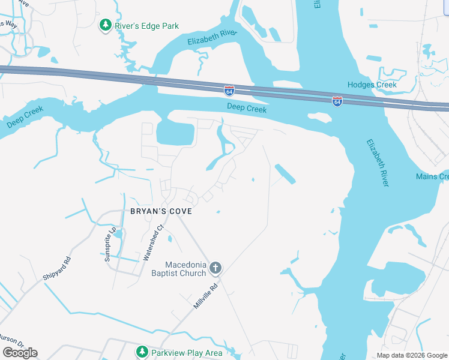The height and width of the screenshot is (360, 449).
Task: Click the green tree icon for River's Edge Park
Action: coord(106,25)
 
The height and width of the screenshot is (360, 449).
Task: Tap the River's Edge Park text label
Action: coord(147,26)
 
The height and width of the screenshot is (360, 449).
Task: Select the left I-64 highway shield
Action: coord(229,91)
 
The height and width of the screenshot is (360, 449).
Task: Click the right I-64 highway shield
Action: coord(337,101)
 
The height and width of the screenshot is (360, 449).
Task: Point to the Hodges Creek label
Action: coord(372,85)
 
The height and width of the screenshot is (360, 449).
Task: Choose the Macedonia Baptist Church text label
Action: coord(185,269)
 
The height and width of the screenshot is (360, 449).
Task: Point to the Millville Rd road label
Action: coord(205,296)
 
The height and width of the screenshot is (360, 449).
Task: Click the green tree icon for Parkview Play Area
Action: coord(142,352)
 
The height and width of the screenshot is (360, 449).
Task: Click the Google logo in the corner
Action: coord(20,353)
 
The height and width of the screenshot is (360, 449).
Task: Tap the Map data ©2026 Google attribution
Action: coord(412,355)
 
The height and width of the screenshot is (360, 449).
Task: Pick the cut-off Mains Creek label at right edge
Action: coord(432,176)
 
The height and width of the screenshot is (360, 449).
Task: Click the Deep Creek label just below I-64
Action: coord(247,108)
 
